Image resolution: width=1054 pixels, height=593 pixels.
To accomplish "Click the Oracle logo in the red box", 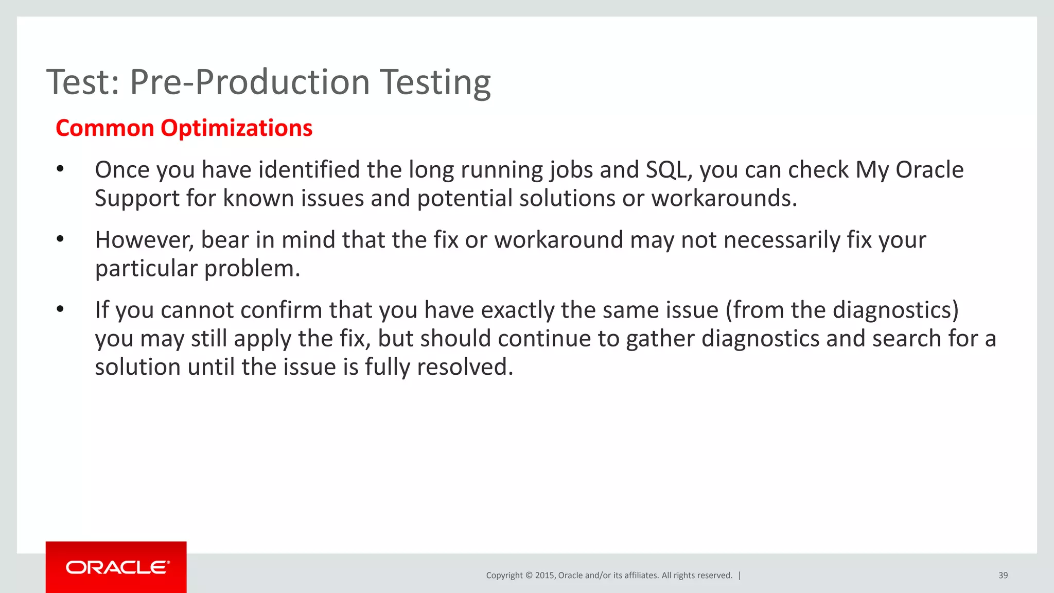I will pyautogui.click(x=117, y=567).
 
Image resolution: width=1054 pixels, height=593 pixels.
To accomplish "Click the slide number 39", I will pyautogui.click(x=1003, y=575).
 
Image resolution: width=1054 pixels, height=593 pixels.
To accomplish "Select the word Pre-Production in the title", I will pyautogui.click(x=250, y=82).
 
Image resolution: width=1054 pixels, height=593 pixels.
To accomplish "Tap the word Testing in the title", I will pyautogui.click(x=435, y=82).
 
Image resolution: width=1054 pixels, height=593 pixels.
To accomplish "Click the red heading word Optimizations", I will pyautogui.click(x=236, y=128).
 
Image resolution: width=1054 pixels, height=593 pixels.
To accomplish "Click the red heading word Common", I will pyautogui.click(x=105, y=128).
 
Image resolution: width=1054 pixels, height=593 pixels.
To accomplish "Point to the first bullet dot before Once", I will pyautogui.click(x=60, y=169).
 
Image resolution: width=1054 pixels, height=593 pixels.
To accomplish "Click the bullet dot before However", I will pyautogui.click(x=60, y=239).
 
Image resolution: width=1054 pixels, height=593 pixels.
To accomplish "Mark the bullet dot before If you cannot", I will pyautogui.click(x=60, y=309).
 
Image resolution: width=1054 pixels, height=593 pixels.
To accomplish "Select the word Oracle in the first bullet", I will pyautogui.click(x=929, y=170).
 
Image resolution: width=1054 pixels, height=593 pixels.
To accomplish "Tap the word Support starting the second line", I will pyautogui.click(x=137, y=199).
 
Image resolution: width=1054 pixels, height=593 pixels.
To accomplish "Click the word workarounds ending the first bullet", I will pyautogui.click(x=724, y=199).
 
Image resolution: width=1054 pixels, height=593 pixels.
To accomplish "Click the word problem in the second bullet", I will pyautogui.click(x=252, y=269).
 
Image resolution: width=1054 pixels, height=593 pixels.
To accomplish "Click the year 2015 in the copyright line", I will pyautogui.click(x=544, y=575).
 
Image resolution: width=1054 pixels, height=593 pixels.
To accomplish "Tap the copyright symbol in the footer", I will pyautogui.click(x=528, y=575).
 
